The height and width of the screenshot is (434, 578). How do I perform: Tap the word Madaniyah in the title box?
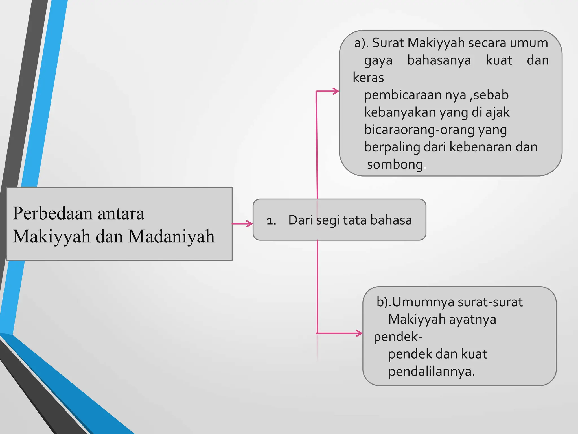coord(171,236)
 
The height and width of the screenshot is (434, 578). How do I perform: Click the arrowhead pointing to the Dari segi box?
coord(249,224)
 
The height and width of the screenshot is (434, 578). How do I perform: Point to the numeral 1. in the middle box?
coord(271,221)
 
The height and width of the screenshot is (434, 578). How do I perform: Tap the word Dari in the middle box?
coord(300,220)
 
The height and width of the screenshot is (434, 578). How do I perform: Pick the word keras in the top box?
coord(368,77)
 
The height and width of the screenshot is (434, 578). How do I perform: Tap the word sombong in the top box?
coord(395,164)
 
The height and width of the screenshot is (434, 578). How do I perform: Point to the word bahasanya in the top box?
coord(439,60)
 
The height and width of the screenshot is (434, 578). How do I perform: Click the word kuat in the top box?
coord(499,60)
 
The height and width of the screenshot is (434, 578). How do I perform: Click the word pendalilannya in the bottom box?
coord(431,371)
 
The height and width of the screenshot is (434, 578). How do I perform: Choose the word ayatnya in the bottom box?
coord(472,320)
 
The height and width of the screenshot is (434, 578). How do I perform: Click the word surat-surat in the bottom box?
coord(490,302)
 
